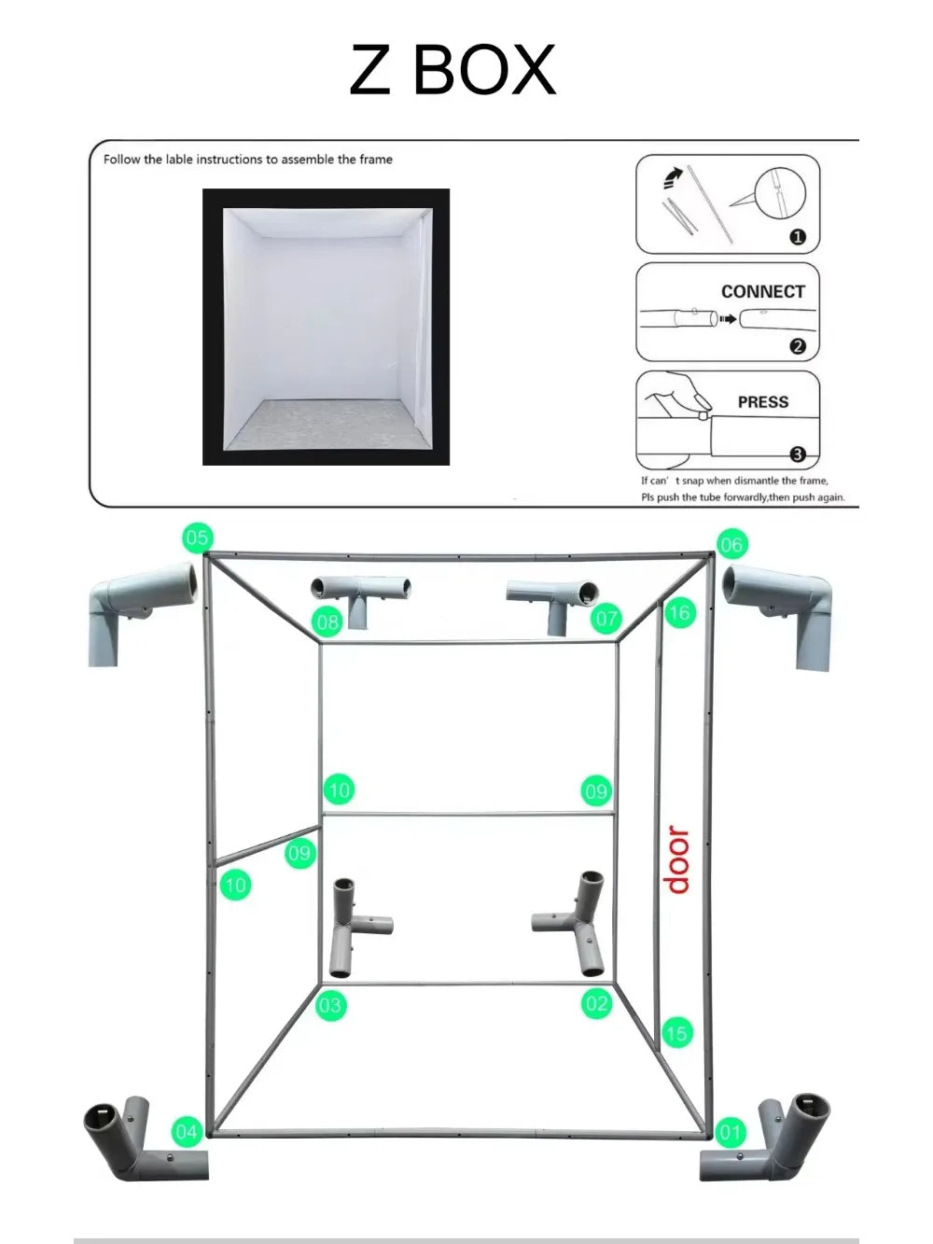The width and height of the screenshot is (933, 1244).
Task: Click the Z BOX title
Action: (453, 70)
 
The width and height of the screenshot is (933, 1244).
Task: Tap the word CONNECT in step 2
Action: (762, 291)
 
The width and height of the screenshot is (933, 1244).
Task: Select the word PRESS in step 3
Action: (762, 402)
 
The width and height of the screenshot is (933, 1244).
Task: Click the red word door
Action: (677, 860)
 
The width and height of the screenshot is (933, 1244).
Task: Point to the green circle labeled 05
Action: (197, 538)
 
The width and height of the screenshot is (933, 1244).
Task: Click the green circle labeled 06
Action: (731, 544)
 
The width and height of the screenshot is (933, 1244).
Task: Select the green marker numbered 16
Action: (679, 612)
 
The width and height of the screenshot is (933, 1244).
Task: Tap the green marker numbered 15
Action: (676, 1033)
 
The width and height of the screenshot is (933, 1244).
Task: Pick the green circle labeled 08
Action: (327, 622)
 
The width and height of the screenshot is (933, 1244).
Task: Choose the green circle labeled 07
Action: (606, 618)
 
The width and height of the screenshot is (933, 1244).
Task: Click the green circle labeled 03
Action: (330, 1005)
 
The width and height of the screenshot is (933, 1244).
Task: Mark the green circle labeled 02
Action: (596, 1004)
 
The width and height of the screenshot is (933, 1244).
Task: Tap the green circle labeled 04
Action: (187, 1132)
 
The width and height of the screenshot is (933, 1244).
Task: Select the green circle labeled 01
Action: (730, 1133)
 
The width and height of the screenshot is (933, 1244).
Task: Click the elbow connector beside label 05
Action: (140, 607)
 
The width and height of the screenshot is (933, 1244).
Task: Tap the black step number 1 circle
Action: (797, 237)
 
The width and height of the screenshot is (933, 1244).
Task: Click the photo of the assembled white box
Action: (326, 327)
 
